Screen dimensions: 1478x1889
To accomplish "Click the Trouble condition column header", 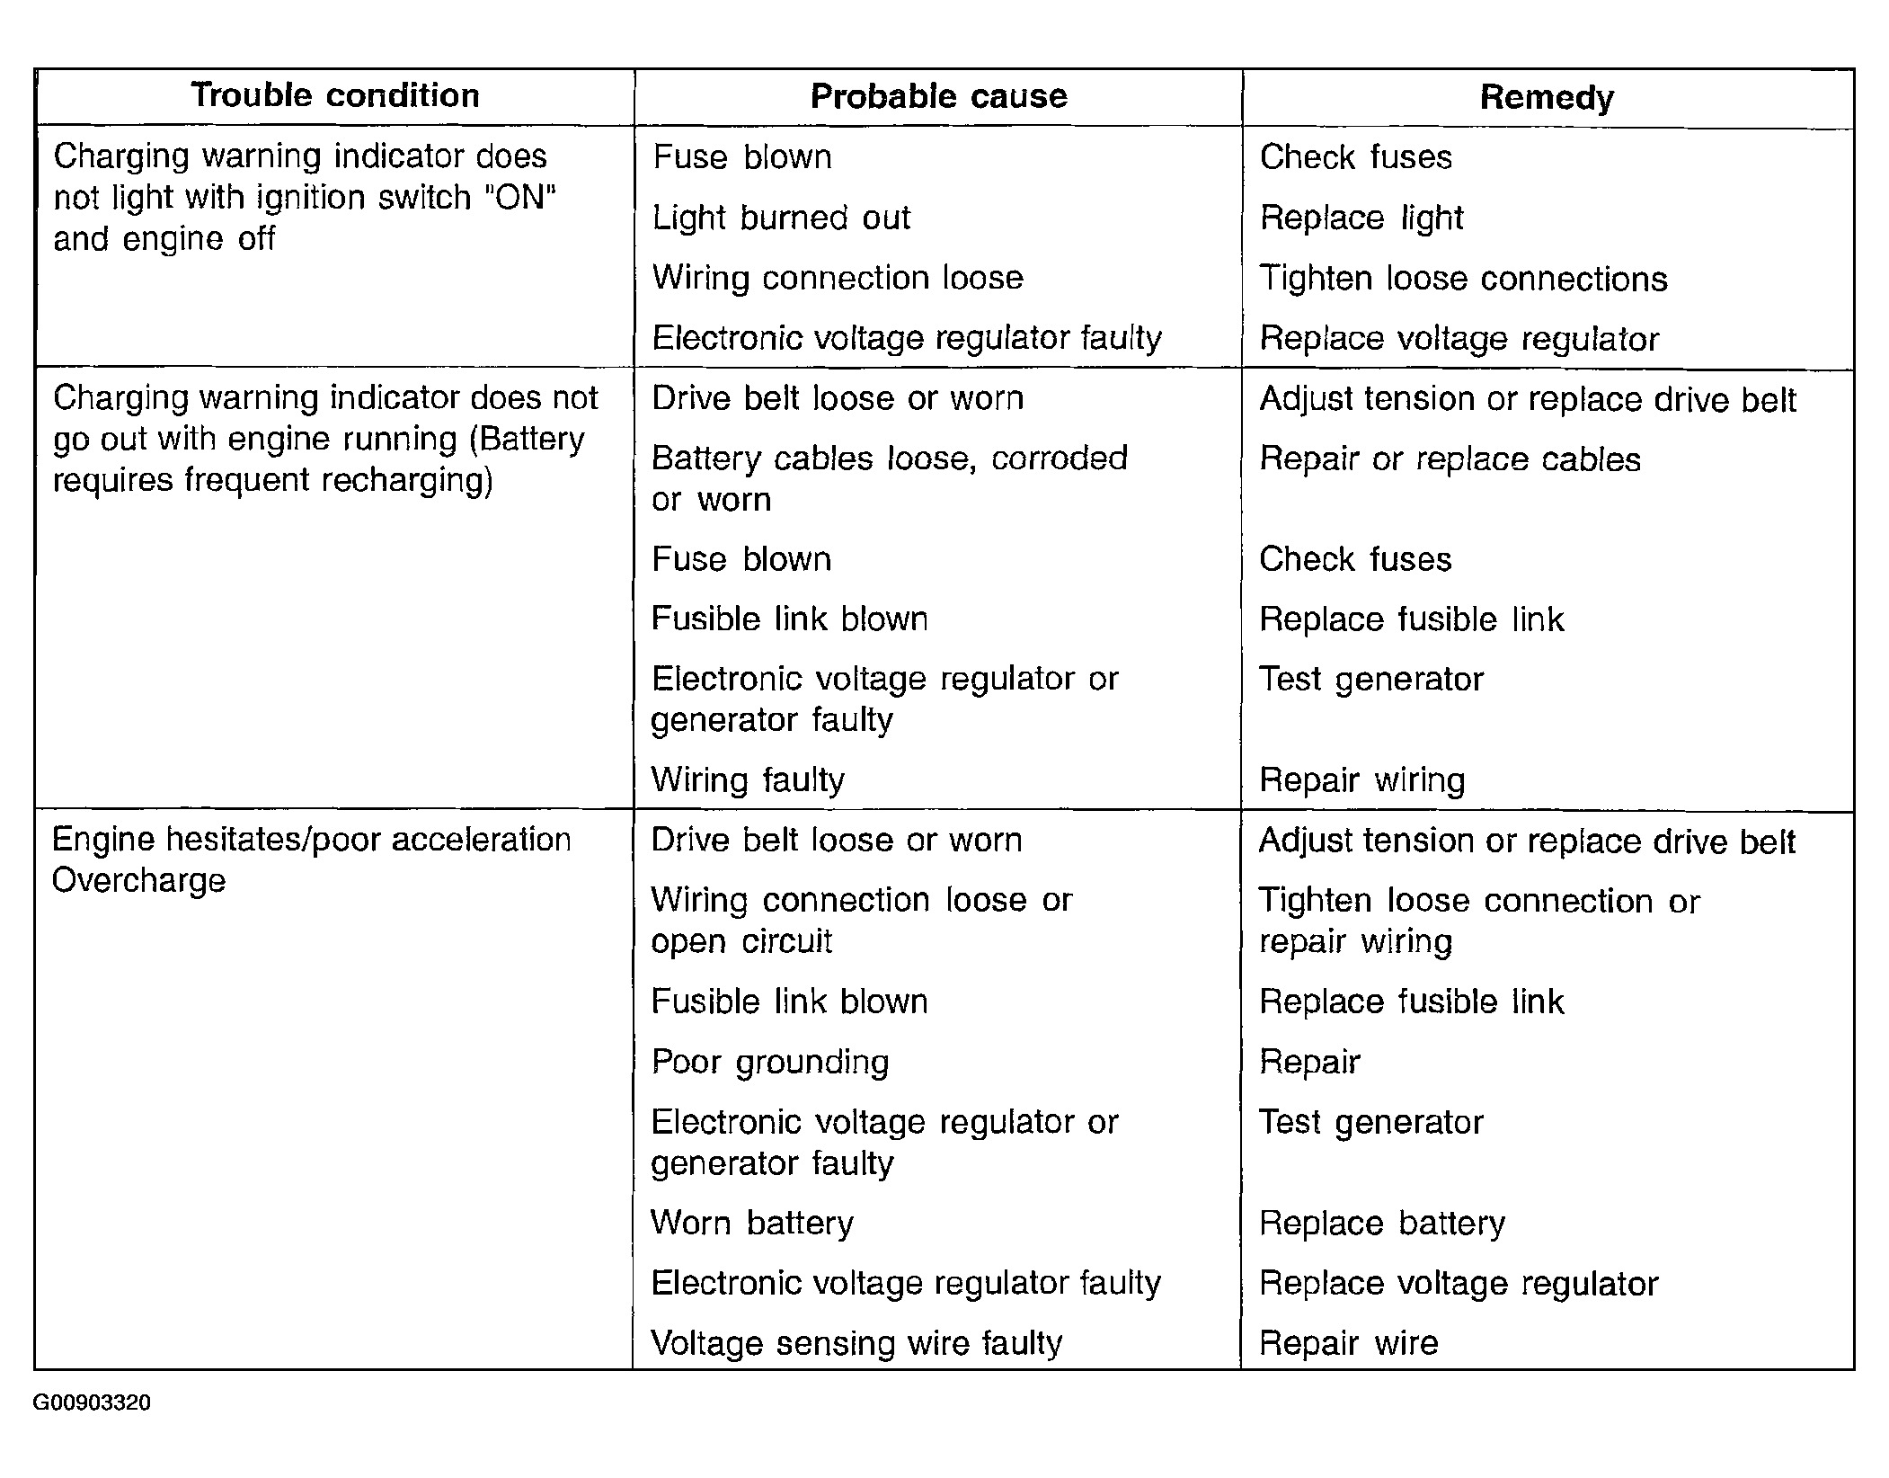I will pos(334,95).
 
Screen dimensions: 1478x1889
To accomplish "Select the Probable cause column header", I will pos(938,96).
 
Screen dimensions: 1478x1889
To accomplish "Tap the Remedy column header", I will pos(1547,97).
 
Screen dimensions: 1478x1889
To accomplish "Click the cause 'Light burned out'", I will pos(781,218).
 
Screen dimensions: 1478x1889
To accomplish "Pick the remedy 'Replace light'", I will pos(1361,218).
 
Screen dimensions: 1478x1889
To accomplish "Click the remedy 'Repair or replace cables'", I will pos(1450,459).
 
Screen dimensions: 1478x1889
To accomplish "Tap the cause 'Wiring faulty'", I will pos(748,779).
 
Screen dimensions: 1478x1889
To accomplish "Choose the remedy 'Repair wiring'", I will pos(1361,779).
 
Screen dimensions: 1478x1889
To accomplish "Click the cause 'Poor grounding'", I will pos(769,1062).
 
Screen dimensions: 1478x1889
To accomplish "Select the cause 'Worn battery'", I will pos(751,1223).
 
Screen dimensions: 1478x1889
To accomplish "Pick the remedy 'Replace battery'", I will pos(1381,1223).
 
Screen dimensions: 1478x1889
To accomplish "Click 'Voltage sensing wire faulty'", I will pos(856,1343).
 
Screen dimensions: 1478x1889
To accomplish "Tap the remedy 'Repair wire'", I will pos(1348,1343).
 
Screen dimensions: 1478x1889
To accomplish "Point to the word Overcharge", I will pos(138,880).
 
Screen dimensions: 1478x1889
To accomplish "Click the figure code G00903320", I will pos(92,1402).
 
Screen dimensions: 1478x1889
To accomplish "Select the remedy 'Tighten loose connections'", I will pos(1463,279).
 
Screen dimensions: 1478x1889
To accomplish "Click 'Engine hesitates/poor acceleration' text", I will pos(311,840).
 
